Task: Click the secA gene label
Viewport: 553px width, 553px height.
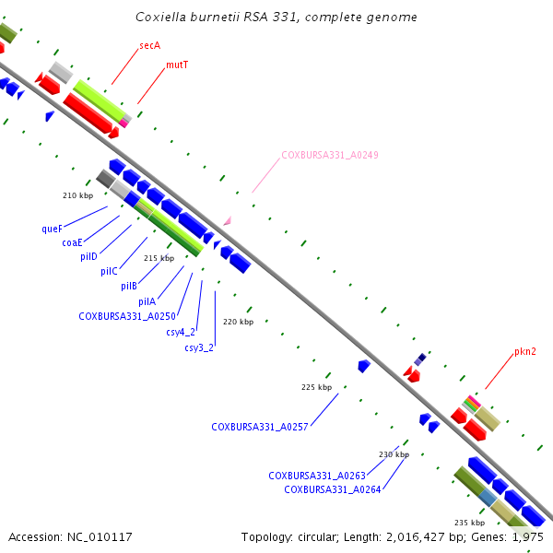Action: [x=150, y=45]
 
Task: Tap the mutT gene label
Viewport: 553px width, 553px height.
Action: [x=177, y=65]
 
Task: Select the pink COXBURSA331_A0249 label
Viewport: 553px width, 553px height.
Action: [x=330, y=155]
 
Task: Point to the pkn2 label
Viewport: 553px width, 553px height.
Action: [x=525, y=352]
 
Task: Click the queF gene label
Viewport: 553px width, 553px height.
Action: [x=53, y=229]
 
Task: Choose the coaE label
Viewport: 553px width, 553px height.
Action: [x=72, y=242]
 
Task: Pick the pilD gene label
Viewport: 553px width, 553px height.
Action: [x=88, y=256]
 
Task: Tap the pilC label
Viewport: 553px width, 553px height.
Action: [x=109, y=271]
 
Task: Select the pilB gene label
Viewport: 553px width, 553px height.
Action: [x=129, y=286]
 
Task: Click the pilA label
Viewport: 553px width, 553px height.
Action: [x=147, y=301]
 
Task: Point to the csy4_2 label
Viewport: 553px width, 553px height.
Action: [x=181, y=332]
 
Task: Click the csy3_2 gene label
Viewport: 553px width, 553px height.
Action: [x=199, y=347]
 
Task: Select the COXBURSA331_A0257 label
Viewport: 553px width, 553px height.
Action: [x=260, y=427]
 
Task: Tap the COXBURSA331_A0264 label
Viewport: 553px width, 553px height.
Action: [x=333, y=490]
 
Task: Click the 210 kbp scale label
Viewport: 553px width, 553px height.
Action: [x=78, y=195]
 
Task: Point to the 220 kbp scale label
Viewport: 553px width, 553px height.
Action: [x=239, y=322]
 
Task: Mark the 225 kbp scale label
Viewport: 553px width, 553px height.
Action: [x=317, y=387]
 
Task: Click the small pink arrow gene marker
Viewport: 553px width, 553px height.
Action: [x=229, y=221]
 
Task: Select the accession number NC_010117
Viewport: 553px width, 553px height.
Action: [x=100, y=537]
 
